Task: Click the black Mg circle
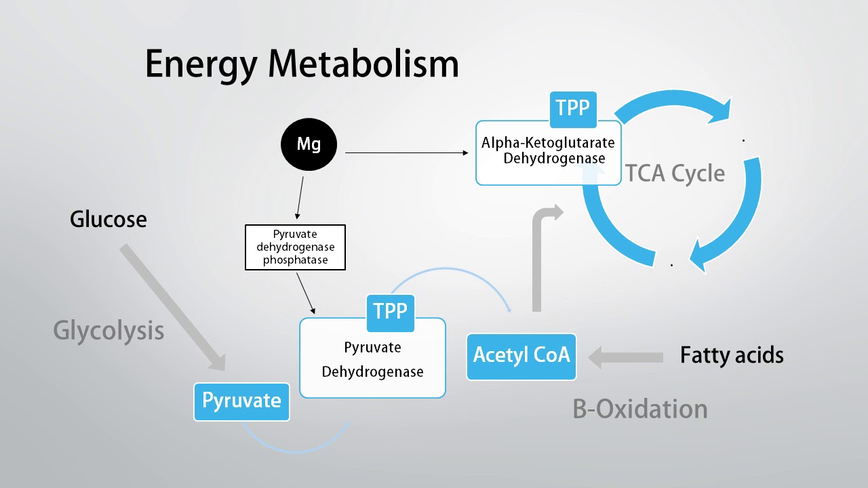(x=309, y=144)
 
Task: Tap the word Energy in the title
(x=201, y=64)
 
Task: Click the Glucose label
(x=108, y=219)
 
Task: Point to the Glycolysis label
(x=108, y=331)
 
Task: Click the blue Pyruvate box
(x=241, y=401)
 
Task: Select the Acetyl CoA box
(x=521, y=355)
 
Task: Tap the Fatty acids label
(x=732, y=355)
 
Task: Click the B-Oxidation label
(x=640, y=409)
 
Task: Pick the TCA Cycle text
(x=675, y=174)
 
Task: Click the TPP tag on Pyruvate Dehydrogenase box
(x=390, y=312)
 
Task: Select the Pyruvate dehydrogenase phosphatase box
(x=295, y=247)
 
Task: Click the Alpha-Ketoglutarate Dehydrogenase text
(x=548, y=150)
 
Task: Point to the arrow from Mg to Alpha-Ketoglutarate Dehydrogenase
(x=407, y=152)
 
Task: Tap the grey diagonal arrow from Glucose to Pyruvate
(x=173, y=308)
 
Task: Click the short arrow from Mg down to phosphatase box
(x=299, y=196)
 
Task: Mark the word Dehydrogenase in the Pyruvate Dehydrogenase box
(x=372, y=371)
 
